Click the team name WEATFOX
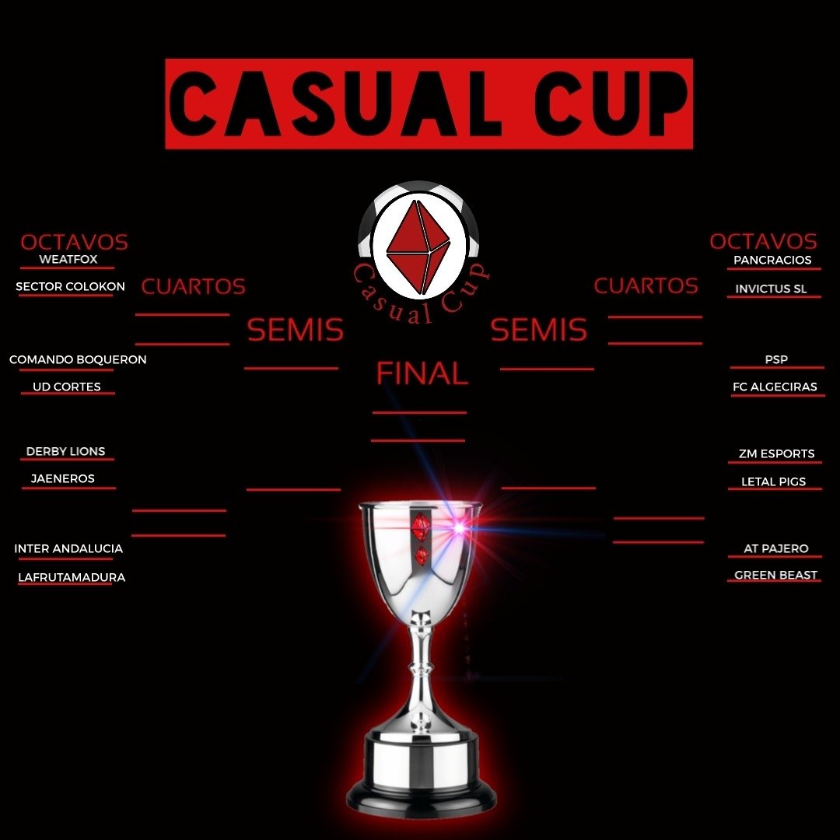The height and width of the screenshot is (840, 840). click(68, 259)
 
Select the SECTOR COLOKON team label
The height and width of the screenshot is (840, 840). click(70, 287)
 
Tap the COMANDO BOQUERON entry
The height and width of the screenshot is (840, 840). click(78, 360)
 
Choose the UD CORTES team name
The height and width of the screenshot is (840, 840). click(67, 387)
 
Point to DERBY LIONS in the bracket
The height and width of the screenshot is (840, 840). click(65, 451)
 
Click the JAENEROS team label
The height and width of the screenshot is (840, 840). click(63, 478)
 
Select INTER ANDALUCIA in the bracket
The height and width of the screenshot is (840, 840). click(68, 548)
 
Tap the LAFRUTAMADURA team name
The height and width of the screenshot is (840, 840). click(72, 577)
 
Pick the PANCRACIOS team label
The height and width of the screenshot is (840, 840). click(772, 260)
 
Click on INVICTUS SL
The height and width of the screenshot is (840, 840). click(772, 289)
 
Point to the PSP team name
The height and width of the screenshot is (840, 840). click(776, 359)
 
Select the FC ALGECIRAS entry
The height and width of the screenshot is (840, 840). click(775, 387)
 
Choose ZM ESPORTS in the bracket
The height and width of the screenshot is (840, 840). click(776, 453)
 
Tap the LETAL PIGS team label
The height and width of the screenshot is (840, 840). click(773, 481)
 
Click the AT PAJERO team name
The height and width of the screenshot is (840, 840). click(775, 548)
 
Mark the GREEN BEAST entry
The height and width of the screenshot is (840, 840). click(775, 576)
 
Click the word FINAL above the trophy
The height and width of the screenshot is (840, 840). click(422, 374)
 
